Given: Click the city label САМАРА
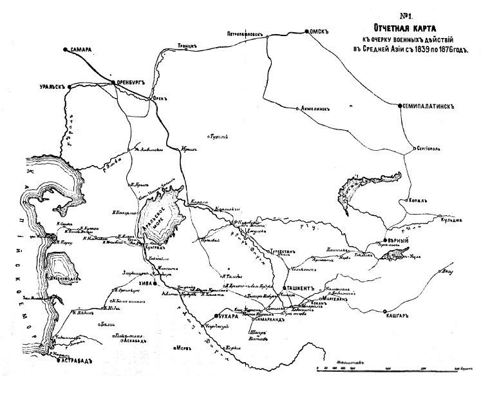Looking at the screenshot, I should pos(82,50).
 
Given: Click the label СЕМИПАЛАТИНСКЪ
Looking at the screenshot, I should pos(430,106).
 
